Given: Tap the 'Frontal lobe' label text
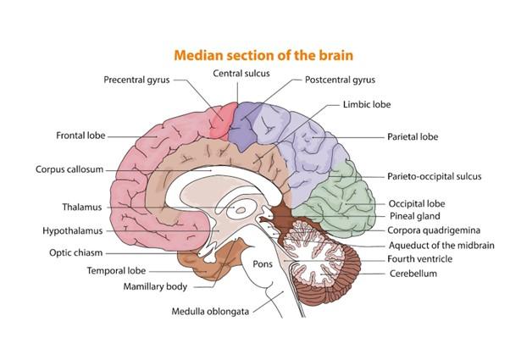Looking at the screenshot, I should [x=80, y=136].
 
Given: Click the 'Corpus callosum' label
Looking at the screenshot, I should [x=69, y=169].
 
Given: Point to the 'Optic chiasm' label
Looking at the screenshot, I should [x=78, y=252].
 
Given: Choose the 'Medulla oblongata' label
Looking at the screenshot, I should [x=212, y=311].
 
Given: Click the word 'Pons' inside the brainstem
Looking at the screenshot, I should [x=262, y=263].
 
